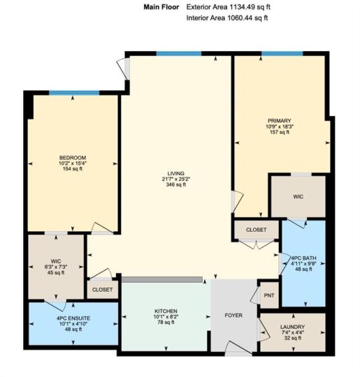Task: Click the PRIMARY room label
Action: click(280, 121)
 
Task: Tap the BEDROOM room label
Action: click(73, 158)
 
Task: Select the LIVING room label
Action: click(175, 173)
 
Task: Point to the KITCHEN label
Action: click(166, 311)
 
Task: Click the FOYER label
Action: click(233, 315)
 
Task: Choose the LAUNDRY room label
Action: click(292, 327)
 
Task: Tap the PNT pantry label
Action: click(269, 295)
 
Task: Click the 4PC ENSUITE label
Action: click(73, 318)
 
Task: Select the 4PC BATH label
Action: click(303, 258)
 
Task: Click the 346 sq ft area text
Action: click(175, 184)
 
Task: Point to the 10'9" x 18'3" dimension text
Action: click(280, 126)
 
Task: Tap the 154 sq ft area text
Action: click(73, 169)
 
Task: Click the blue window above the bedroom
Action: click(74, 93)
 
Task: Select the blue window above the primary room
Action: click(282, 53)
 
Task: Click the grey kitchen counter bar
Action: click(161, 279)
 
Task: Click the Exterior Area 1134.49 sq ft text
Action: click(229, 7)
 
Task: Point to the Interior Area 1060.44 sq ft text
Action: click(227, 17)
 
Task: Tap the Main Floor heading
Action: click(161, 7)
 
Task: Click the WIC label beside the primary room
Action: click(298, 197)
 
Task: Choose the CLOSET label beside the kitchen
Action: click(102, 290)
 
